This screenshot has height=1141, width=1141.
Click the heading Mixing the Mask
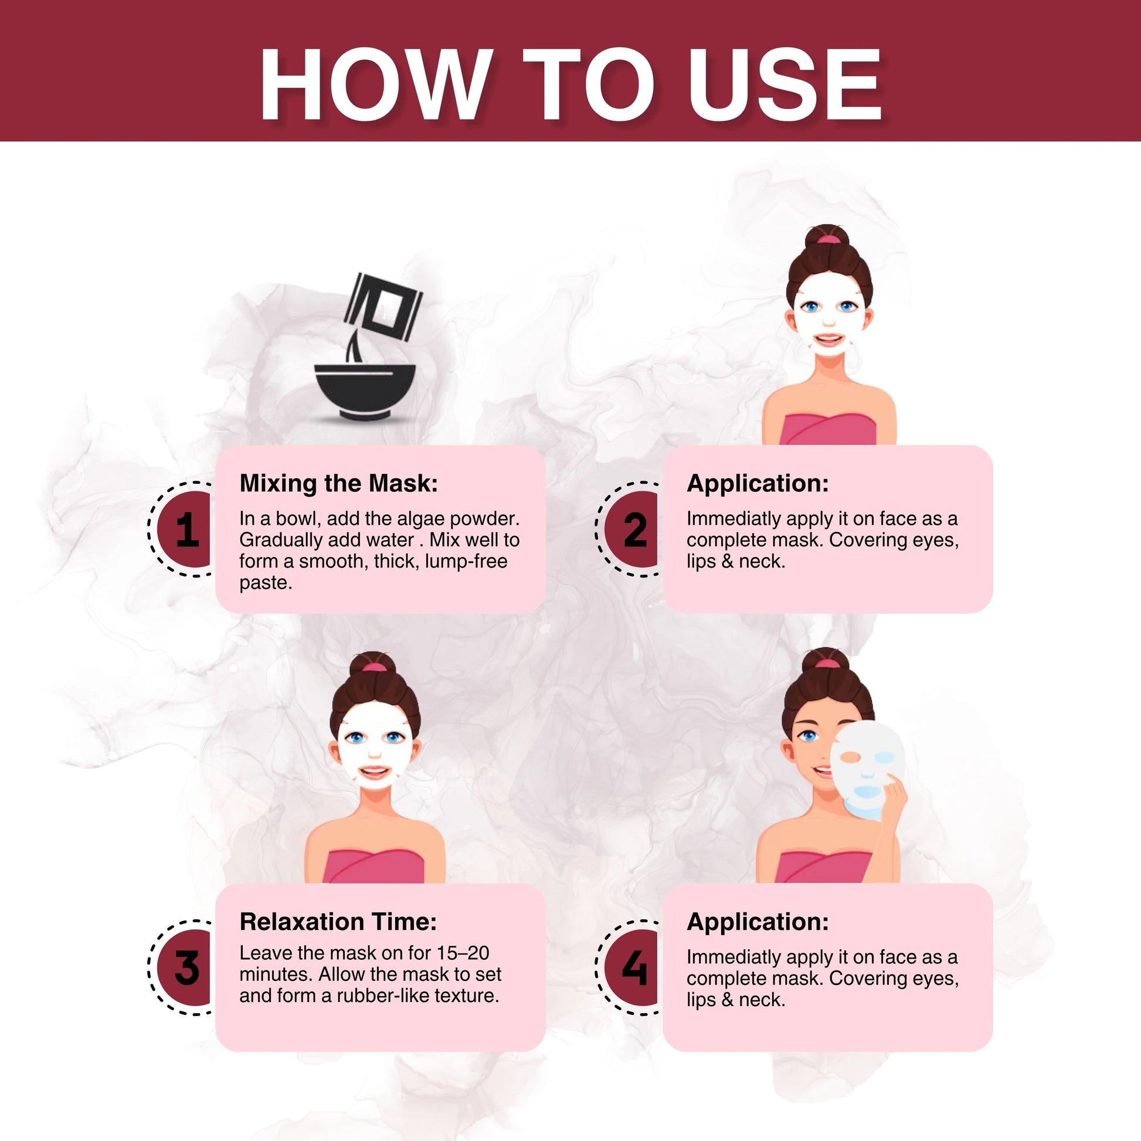click(x=338, y=483)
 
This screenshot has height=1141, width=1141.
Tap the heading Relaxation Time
click(x=338, y=921)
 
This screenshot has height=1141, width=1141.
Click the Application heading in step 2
click(x=757, y=483)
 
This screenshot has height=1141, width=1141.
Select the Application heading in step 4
click(x=757, y=921)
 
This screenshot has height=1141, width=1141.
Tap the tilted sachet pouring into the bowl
click(x=383, y=307)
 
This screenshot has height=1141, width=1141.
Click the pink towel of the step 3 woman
click(x=374, y=866)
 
